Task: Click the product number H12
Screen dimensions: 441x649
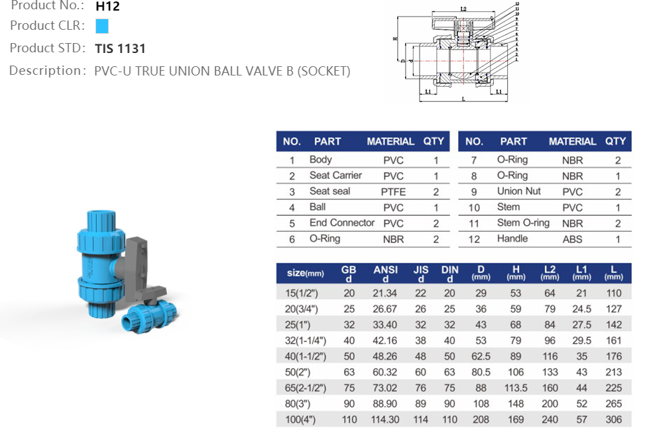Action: point(108,7)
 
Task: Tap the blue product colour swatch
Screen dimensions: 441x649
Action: point(101,26)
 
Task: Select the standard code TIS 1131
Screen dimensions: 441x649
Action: point(120,48)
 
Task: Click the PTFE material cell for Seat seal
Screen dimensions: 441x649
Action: point(393,192)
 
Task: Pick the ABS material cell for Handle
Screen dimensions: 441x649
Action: point(572,240)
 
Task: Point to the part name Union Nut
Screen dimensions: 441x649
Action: point(518,191)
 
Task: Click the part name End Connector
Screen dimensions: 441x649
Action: point(341,223)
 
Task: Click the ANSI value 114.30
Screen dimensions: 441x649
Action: point(385,420)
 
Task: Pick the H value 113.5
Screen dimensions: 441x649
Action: point(515,388)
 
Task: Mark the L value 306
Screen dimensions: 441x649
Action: point(614,420)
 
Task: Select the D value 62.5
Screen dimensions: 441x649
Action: point(481,356)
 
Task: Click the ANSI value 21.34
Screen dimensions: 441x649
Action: point(385,293)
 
